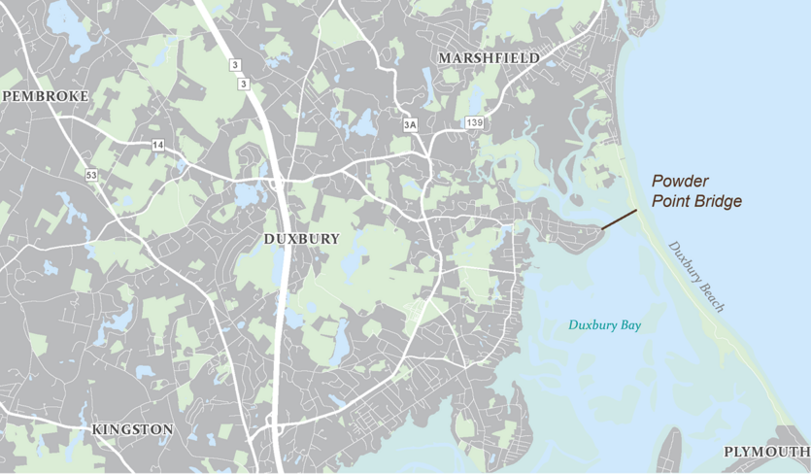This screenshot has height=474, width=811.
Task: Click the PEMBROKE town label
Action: point(46,96)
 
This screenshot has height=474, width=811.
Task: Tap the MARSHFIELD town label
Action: point(489,58)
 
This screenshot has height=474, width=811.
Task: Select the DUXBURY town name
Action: point(301,238)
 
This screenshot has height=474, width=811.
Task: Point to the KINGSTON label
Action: point(132,429)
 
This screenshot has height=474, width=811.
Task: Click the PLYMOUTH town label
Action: point(766,453)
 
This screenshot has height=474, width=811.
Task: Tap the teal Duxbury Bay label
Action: point(605,325)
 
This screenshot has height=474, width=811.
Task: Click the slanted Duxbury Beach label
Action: point(696,276)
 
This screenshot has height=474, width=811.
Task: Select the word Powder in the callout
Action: point(680,182)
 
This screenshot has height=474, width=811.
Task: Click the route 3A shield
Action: point(410,124)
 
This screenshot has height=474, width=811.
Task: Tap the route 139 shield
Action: point(474,122)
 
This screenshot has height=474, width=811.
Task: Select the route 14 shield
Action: point(157,145)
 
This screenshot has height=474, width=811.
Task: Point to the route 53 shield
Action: point(91,175)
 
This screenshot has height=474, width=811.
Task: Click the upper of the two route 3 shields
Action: point(234,65)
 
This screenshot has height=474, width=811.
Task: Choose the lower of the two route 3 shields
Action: point(244,85)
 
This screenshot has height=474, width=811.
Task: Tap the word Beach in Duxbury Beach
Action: point(711,296)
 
